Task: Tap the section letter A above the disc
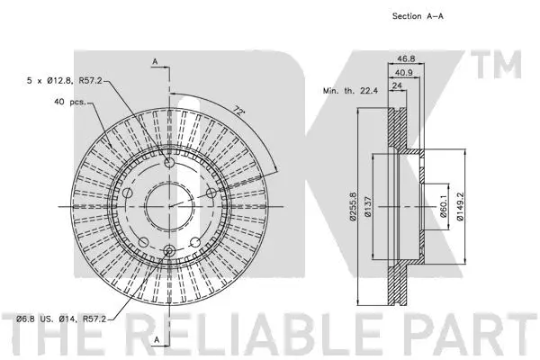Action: [x=155, y=61]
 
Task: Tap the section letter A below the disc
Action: [x=155, y=340]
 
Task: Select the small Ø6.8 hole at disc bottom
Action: [x=167, y=251]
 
